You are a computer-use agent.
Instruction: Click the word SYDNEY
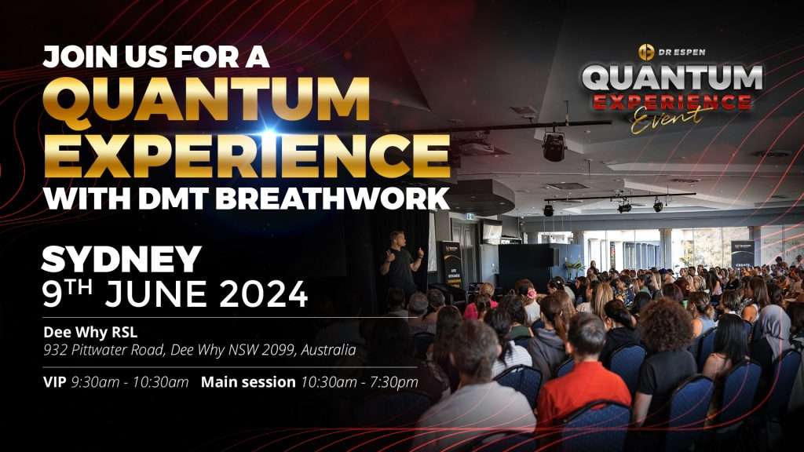click(x=121, y=261)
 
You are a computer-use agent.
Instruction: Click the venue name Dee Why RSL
click(x=90, y=333)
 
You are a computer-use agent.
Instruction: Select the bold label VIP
click(x=54, y=382)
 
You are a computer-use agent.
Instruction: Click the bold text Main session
click(x=248, y=382)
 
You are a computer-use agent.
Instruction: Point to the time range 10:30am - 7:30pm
click(x=360, y=382)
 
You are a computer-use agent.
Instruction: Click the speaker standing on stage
click(x=401, y=264)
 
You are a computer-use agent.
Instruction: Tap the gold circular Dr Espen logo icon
click(x=646, y=52)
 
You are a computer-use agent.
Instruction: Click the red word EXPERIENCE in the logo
click(x=672, y=100)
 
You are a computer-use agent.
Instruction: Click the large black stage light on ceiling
click(x=554, y=147)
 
